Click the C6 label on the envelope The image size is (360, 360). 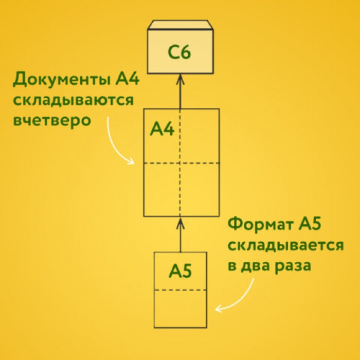click(179, 52)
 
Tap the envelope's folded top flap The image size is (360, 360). click(180, 25)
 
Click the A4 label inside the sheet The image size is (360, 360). click(162, 129)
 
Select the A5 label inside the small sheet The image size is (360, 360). click(180, 271)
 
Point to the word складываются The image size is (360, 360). click(73, 100)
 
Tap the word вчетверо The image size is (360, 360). click(52, 120)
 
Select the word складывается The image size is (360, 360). click(285, 245)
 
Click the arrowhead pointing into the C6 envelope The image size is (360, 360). click(180, 79)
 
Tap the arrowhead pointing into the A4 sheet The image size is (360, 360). click(180, 223)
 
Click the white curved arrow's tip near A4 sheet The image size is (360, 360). click(134, 163)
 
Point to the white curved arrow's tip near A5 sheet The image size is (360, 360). click(215, 309)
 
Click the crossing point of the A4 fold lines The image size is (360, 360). click(180, 163)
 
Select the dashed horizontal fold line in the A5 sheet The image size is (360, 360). click(180, 290)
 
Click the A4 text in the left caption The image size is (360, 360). click(127, 78)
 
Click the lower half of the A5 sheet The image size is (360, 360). click(180, 309)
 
